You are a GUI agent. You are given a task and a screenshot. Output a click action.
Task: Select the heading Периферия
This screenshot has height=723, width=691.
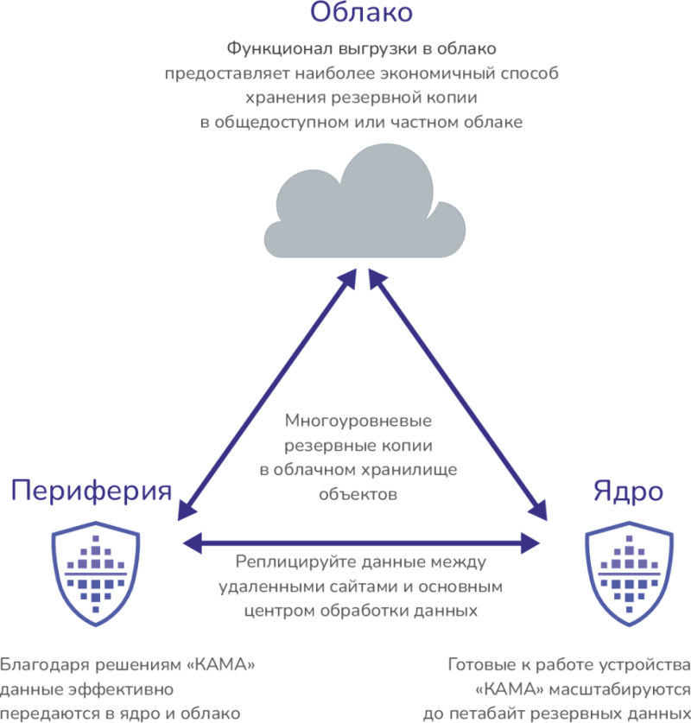click(x=92, y=492)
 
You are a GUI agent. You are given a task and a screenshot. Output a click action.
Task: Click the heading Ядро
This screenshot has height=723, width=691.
click(x=628, y=492)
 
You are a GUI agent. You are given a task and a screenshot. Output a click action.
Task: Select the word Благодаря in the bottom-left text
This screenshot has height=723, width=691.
click(x=39, y=666)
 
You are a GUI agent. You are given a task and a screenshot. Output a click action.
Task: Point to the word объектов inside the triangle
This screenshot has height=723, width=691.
click(x=358, y=495)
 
